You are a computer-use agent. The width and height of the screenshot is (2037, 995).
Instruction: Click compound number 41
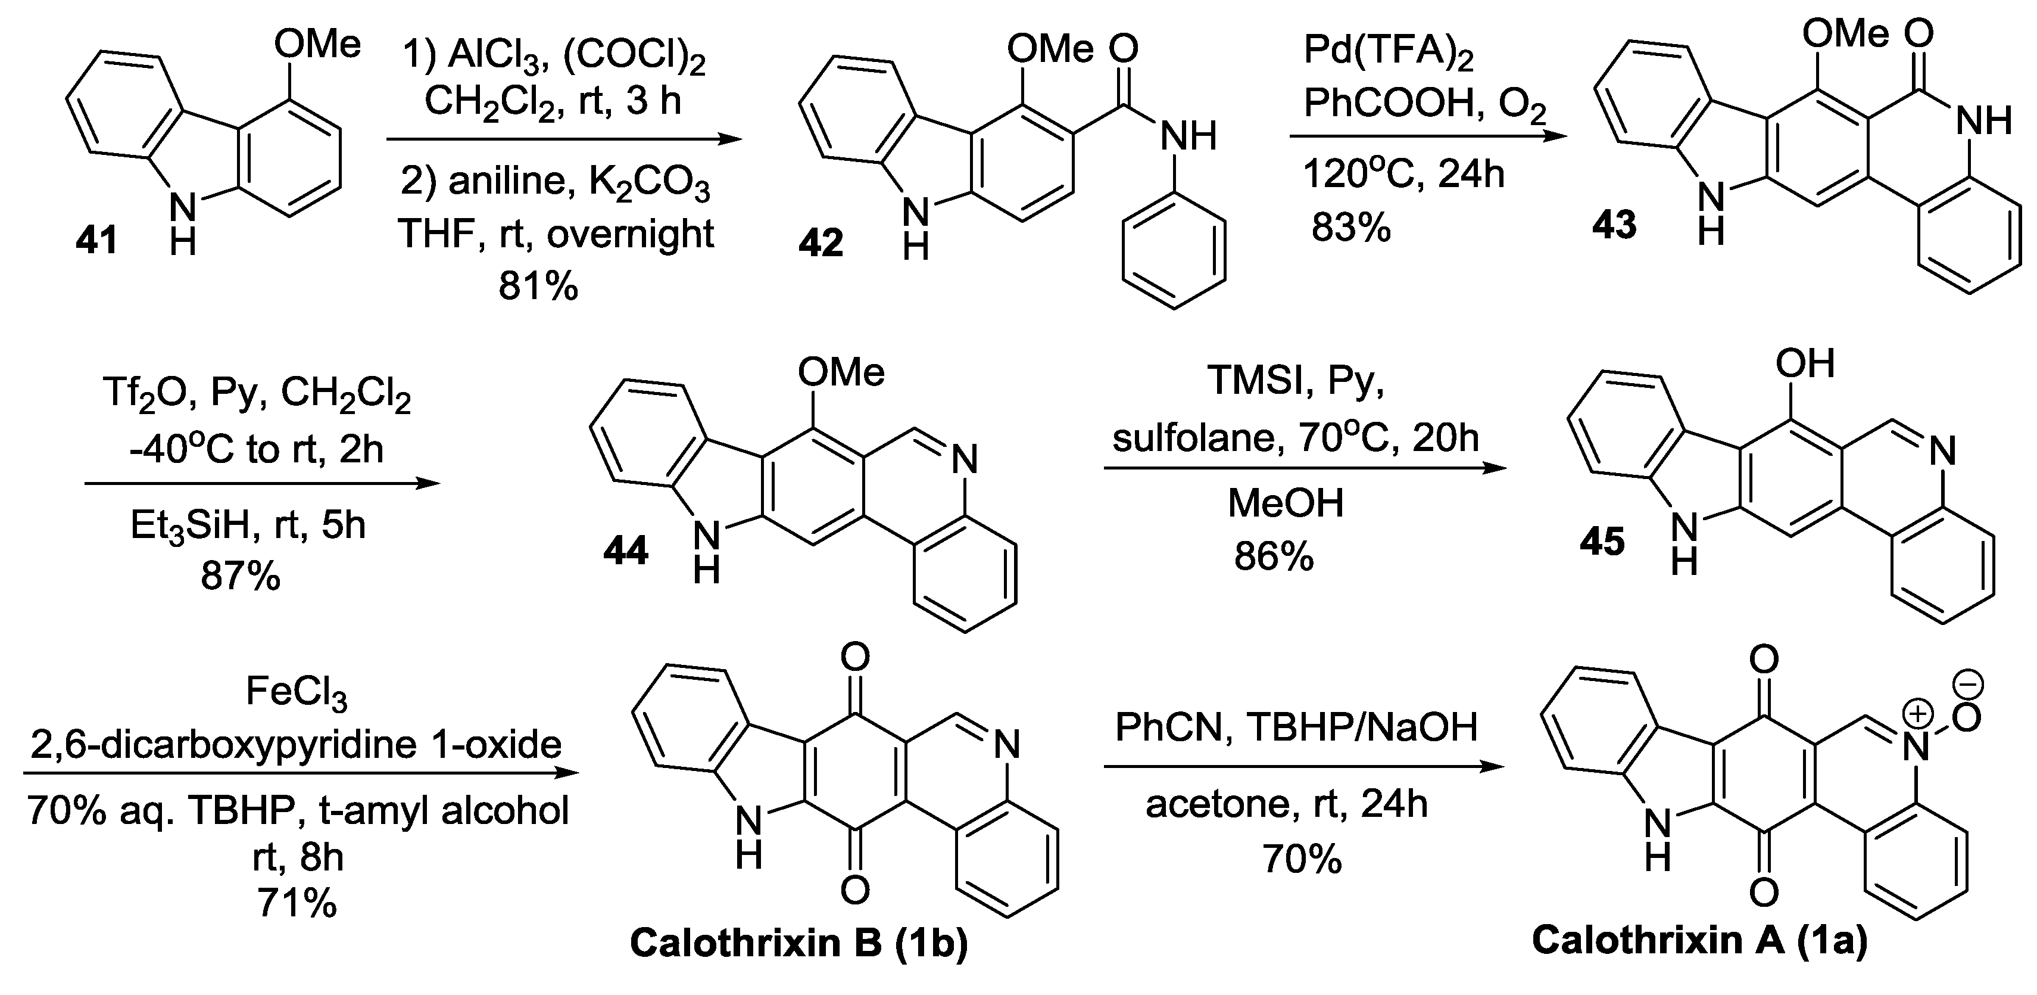tap(96, 239)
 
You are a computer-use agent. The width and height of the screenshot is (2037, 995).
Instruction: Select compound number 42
tap(821, 242)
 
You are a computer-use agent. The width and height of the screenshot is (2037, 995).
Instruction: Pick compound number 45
tap(1602, 542)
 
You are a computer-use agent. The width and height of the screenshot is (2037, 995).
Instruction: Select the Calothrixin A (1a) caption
tap(1699, 941)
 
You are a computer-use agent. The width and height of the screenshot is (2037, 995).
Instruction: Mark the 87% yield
tap(241, 577)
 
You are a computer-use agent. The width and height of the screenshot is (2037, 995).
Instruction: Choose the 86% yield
tap(1274, 558)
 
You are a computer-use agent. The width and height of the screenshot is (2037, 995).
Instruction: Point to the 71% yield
tap(297, 903)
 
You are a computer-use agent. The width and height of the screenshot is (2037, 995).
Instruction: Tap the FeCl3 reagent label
tap(297, 693)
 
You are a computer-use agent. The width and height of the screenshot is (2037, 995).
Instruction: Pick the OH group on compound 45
tap(1805, 365)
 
